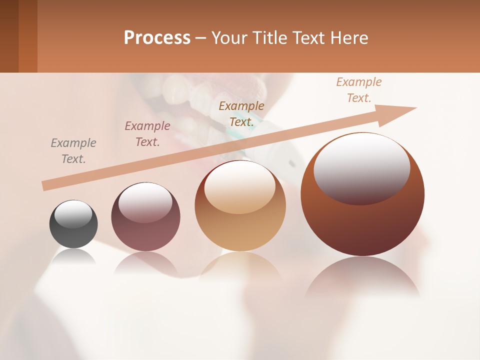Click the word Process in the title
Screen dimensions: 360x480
[157, 37]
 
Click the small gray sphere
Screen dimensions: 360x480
[73, 235]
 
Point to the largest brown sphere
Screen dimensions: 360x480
[362, 225]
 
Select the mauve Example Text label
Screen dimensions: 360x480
[147, 134]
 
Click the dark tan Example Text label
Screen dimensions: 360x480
[241, 114]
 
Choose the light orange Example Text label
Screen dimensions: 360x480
[358, 90]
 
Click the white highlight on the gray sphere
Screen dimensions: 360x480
[73, 214]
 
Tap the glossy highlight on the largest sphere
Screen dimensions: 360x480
[361, 168]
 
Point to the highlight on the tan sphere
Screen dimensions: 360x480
[239, 187]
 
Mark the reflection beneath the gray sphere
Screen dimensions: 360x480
[73, 257]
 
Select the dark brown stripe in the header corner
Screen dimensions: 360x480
[9, 36]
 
